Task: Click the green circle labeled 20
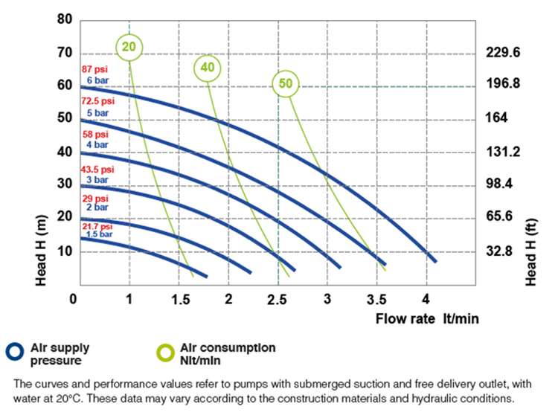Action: tap(129, 47)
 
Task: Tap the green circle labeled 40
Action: tap(208, 68)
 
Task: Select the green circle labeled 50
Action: tap(285, 83)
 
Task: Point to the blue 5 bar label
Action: tap(97, 112)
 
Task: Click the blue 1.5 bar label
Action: tap(98, 234)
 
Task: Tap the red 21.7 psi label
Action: tap(97, 226)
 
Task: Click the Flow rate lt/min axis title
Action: tap(427, 319)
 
